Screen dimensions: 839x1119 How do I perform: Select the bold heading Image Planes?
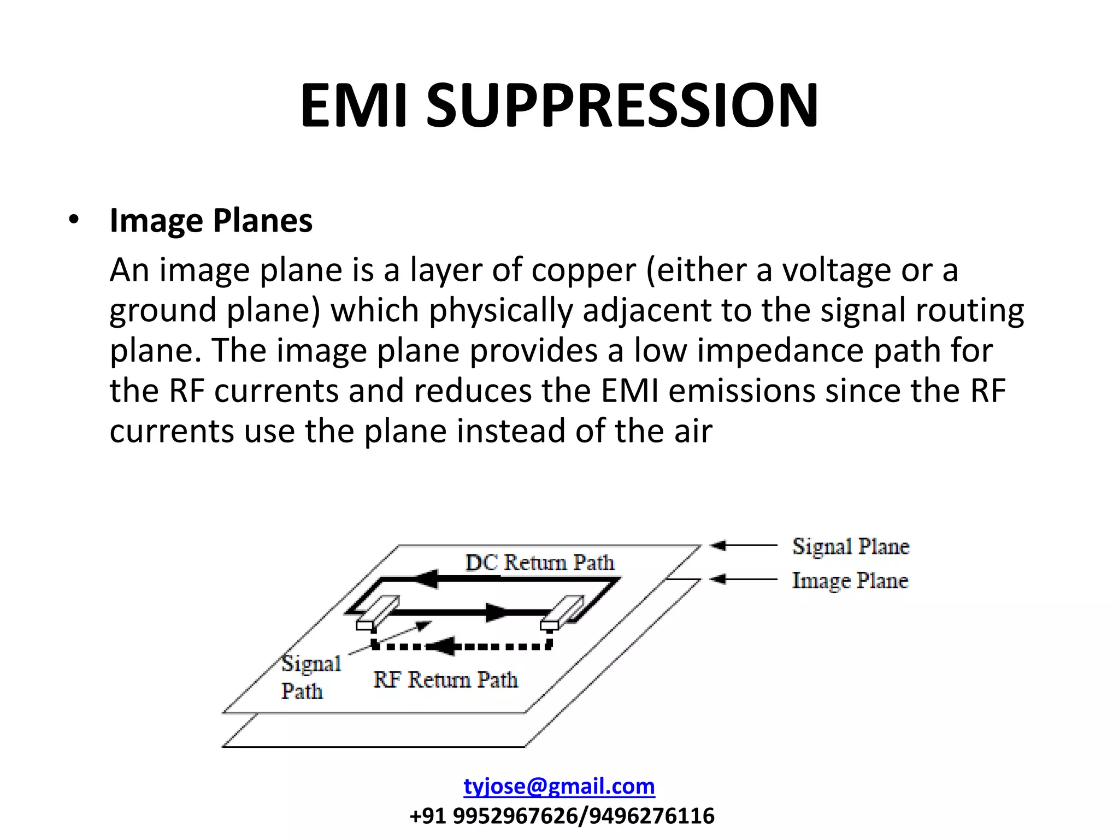point(211,221)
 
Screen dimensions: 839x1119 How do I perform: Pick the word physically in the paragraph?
point(500,310)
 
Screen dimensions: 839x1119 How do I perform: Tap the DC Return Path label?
point(539,562)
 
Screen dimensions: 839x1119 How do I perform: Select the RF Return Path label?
point(445,680)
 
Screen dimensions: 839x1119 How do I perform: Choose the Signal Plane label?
point(851,546)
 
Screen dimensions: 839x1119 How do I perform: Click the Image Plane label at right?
point(850,580)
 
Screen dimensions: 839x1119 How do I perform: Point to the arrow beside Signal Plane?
point(743,545)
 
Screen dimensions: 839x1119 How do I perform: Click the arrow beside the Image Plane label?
point(743,579)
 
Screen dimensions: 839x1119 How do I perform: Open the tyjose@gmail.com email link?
point(559,786)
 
